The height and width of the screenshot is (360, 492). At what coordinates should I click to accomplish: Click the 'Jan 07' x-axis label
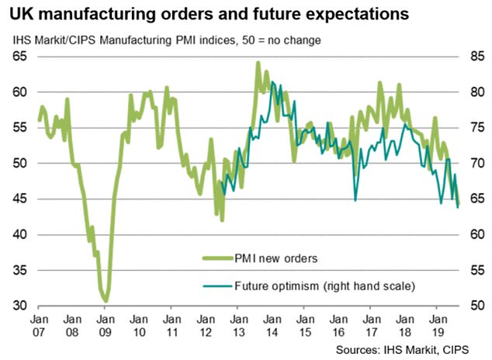[37, 324]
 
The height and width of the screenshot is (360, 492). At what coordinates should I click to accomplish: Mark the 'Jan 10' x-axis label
[137, 324]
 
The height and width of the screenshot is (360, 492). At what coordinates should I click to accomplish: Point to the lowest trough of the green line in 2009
[106, 300]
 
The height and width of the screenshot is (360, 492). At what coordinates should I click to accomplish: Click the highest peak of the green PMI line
[258, 63]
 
